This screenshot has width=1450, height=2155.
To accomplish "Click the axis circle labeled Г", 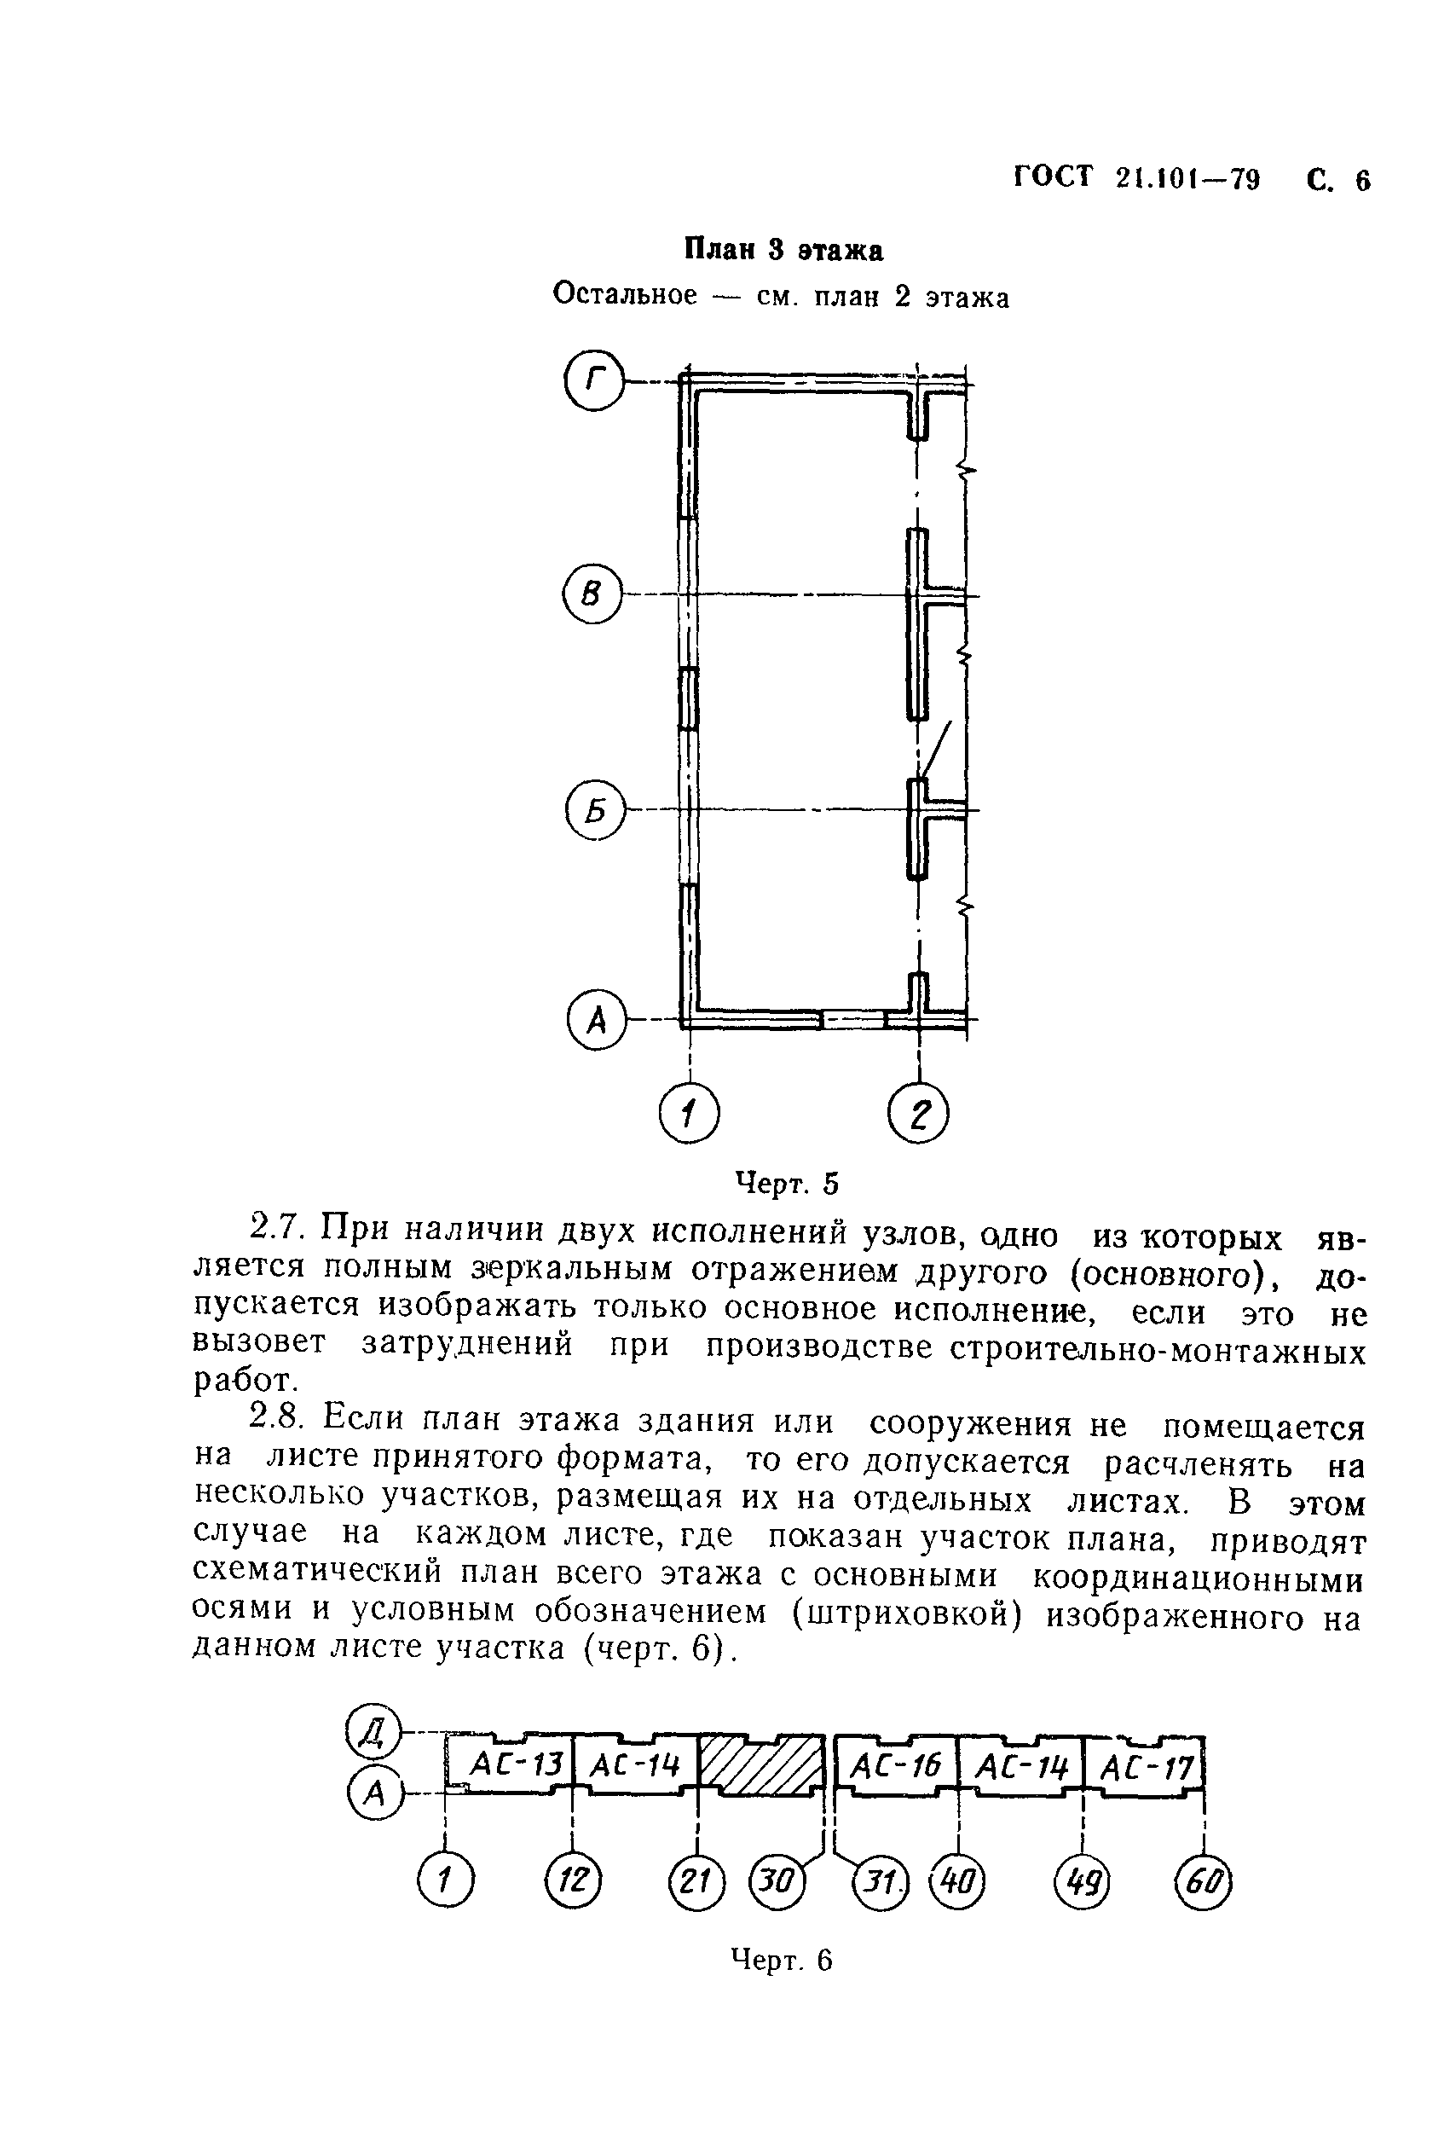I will (593, 380).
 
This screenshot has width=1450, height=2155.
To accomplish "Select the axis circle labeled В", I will (592, 594).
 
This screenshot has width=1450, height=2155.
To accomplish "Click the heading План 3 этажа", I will (783, 250).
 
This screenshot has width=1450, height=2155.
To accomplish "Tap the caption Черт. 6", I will (782, 1958).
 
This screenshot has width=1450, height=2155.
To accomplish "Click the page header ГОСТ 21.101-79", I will (1136, 177).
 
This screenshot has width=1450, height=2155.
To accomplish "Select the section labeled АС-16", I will (895, 1765).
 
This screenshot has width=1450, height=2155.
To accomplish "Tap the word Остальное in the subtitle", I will (624, 295).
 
